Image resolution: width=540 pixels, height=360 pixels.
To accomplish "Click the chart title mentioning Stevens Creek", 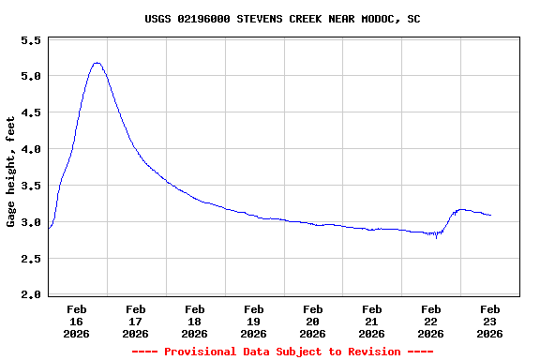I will pyautogui.click(x=282, y=18).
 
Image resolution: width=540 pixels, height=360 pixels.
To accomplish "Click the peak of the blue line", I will pyautogui.click(x=97, y=63).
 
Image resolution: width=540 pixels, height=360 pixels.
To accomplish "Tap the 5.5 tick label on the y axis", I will pyautogui.click(x=31, y=41).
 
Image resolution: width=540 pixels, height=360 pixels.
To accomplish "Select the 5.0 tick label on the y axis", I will pyautogui.click(x=31, y=77).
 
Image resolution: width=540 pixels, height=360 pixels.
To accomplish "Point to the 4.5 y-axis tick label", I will pyautogui.click(x=31, y=113).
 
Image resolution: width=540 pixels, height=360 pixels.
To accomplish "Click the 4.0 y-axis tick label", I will pyautogui.click(x=31, y=150).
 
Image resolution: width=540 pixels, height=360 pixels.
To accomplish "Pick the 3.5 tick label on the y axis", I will pyautogui.click(x=31, y=187).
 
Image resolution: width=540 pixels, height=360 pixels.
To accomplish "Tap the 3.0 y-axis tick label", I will pyautogui.click(x=31, y=223).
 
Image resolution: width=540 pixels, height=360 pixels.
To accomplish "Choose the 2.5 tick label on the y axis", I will pyautogui.click(x=31, y=260).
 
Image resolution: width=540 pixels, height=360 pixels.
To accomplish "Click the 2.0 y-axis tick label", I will pyautogui.click(x=31, y=295).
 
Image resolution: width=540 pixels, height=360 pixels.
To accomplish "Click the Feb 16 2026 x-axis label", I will pyautogui.click(x=77, y=321).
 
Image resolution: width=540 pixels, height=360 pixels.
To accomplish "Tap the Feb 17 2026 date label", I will pyautogui.click(x=136, y=321).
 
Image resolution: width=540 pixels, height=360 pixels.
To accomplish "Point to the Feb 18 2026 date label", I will pyautogui.click(x=195, y=321).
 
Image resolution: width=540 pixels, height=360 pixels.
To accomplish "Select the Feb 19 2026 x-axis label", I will pyautogui.click(x=254, y=321).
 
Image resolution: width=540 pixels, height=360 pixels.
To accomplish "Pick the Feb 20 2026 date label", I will pyautogui.click(x=313, y=321).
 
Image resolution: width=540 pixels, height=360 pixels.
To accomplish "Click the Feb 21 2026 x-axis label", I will pyautogui.click(x=372, y=321).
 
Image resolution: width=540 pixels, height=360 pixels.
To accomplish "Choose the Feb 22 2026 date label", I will pyautogui.click(x=431, y=321).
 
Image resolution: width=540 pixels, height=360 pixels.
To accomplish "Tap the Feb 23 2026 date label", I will pyautogui.click(x=489, y=321).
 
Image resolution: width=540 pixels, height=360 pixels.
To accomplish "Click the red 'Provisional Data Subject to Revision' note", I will pyautogui.click(x=282, y=352).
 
